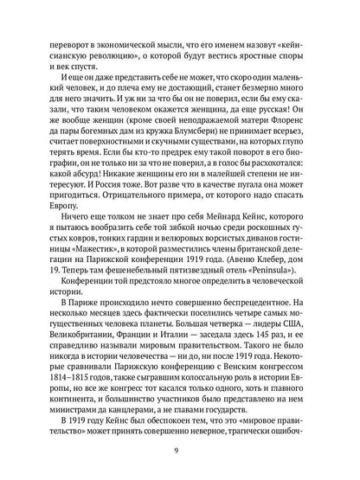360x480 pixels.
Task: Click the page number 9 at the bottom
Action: coord(179,449)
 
